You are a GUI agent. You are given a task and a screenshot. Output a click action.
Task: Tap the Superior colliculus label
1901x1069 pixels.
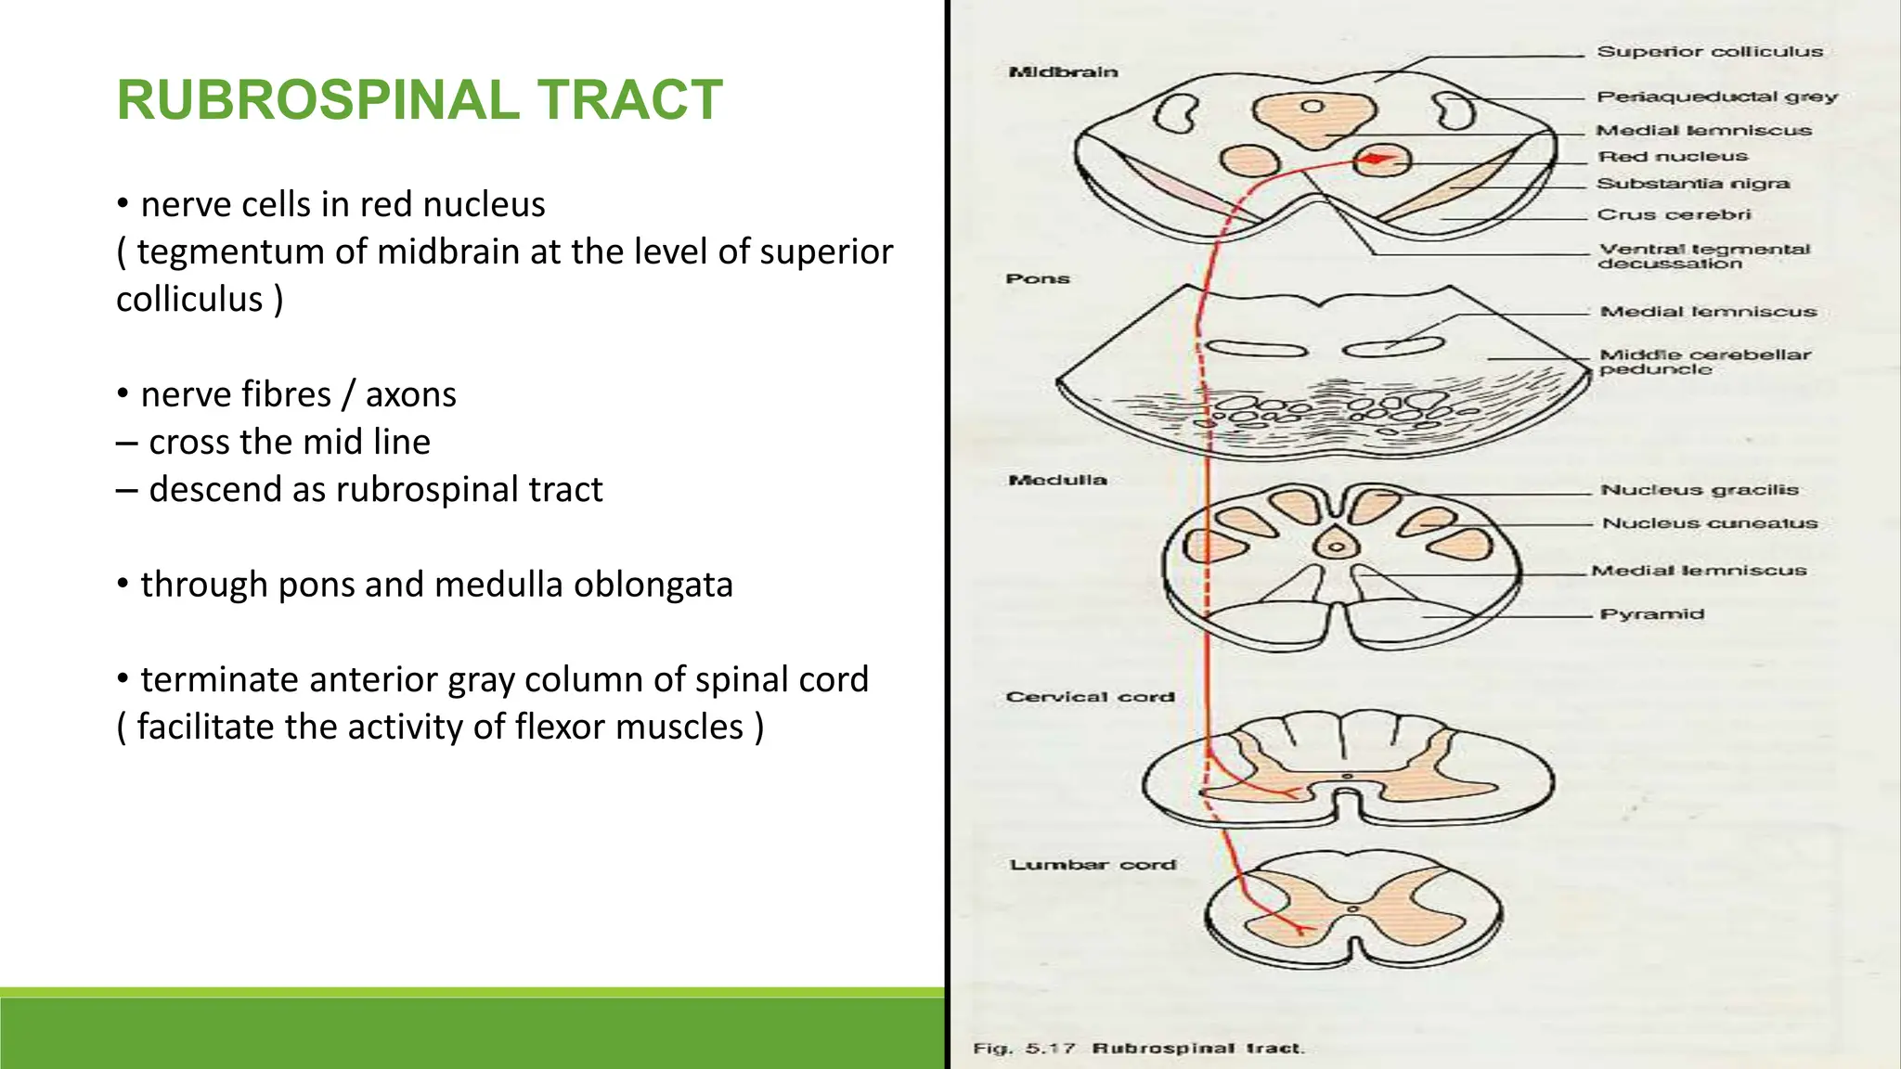pos(1709,52)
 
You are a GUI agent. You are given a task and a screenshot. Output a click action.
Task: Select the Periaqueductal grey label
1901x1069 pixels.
pos(1716,97)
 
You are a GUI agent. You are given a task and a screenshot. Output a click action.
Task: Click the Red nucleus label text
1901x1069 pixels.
pos(1672,157)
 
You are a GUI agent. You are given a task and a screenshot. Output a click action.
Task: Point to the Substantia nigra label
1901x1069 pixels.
pos(1692,184)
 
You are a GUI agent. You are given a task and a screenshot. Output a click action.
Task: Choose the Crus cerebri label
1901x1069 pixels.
pos(1674,214)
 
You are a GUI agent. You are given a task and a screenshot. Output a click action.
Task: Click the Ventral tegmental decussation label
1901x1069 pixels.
pos(1703,256)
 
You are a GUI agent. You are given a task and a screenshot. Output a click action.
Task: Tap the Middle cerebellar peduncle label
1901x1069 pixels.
pos(1704,362)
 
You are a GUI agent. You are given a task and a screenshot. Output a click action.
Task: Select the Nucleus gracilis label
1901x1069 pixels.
pos(1699,490)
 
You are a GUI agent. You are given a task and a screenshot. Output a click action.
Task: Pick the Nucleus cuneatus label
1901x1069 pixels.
pos(1709,523)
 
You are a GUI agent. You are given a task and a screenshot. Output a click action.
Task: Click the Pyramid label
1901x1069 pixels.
pos(1651,614)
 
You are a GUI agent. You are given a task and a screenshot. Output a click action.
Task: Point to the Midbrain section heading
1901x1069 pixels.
pos(1063,71)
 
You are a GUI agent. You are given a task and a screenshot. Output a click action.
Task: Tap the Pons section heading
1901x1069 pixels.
pos(1038,278)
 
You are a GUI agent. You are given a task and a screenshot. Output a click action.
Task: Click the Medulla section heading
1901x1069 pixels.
pos(1057,480)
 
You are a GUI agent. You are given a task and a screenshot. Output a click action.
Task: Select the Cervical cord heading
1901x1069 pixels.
pos(1090,697)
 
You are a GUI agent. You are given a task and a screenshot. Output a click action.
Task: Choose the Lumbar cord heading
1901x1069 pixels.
pos(1093,865)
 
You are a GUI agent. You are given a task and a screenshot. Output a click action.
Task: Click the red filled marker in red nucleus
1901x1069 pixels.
pos(1376,160)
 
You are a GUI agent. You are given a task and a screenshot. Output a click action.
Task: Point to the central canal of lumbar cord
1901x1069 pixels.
pos(1352,909)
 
